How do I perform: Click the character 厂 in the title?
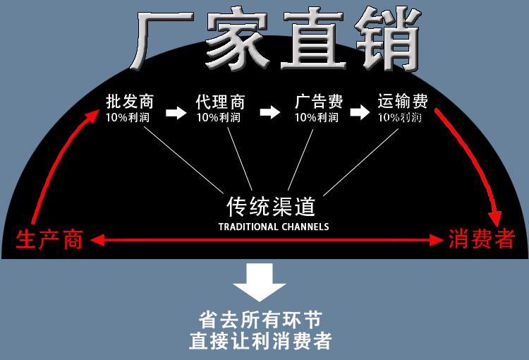[164, 40]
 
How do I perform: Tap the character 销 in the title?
[382, 40]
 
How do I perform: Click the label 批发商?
[129, 101]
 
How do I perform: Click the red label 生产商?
[49, 240]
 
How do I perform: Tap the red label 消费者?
[482, 240]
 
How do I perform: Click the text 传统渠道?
[271, 206]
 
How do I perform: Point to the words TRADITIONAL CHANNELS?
[274, 227]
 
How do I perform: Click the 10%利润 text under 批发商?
[128, 116]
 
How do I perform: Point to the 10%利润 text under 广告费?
[317, 117]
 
